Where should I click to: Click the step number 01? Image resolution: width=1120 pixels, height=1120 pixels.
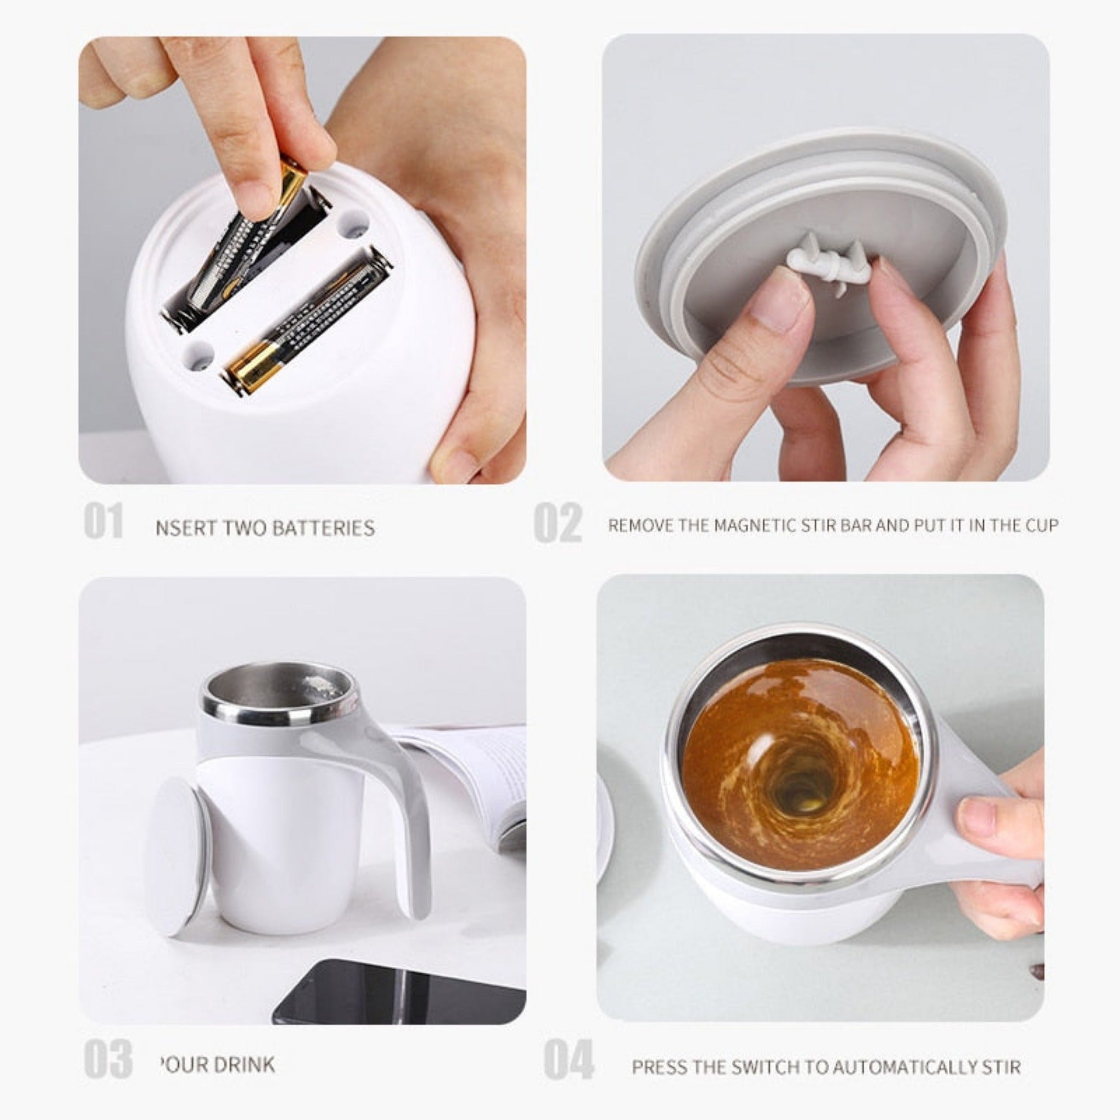pos(103,521)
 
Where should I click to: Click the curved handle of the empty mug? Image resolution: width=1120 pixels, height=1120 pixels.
pos(406,812)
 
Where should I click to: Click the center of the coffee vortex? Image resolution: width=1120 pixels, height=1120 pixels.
pos(800,794)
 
